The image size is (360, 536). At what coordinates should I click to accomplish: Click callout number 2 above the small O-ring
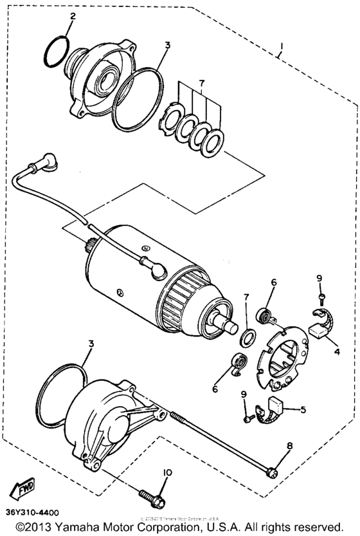pyautogui.click(x=73, y=17)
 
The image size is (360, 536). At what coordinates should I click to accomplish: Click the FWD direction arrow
pyautogui.click(x=24, y=486)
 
